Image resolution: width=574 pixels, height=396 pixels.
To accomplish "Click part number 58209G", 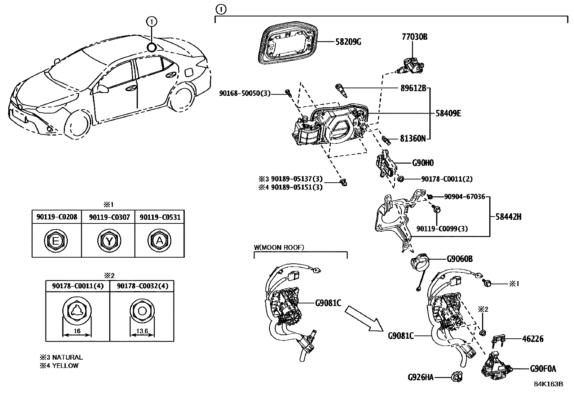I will click(349, 42).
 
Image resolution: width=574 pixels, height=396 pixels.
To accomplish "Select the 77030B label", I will click(415, 37).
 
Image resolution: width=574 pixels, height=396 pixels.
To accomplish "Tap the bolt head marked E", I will click(56, 241).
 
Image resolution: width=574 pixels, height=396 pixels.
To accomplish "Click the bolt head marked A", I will click(159, 241).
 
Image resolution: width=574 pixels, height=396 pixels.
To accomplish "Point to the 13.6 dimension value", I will click(142, 332).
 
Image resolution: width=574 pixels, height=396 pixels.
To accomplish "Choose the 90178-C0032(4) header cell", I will click(141, 286).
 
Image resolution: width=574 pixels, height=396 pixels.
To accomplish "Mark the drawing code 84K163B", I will click(548, 384).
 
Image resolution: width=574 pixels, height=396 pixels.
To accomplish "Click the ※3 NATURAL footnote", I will click(61, 357).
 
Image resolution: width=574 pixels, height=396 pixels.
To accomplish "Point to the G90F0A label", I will click(543, 369).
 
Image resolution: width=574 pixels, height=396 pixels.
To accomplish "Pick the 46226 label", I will click(533, 339).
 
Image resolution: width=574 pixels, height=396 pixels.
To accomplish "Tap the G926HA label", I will click(420, 377).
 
